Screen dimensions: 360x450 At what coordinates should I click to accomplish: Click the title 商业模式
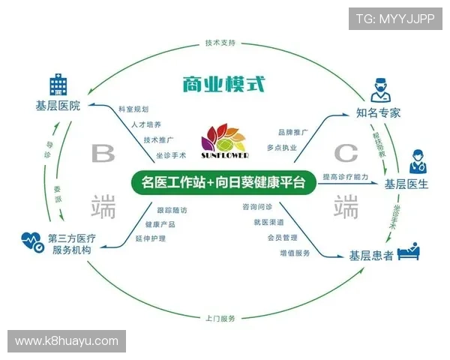[223, 83]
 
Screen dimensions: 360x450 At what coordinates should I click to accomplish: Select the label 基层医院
[58, 106]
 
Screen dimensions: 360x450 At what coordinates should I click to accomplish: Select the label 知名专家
[379, 113]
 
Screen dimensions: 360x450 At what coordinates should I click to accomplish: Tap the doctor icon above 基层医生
[416, 162]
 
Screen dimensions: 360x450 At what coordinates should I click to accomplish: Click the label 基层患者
[371, 256]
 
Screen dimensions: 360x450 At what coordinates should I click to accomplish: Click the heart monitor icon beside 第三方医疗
[31, 241]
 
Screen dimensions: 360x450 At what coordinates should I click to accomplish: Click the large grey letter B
[103, 154]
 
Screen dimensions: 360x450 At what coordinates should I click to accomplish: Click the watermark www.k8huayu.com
[67, 341]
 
